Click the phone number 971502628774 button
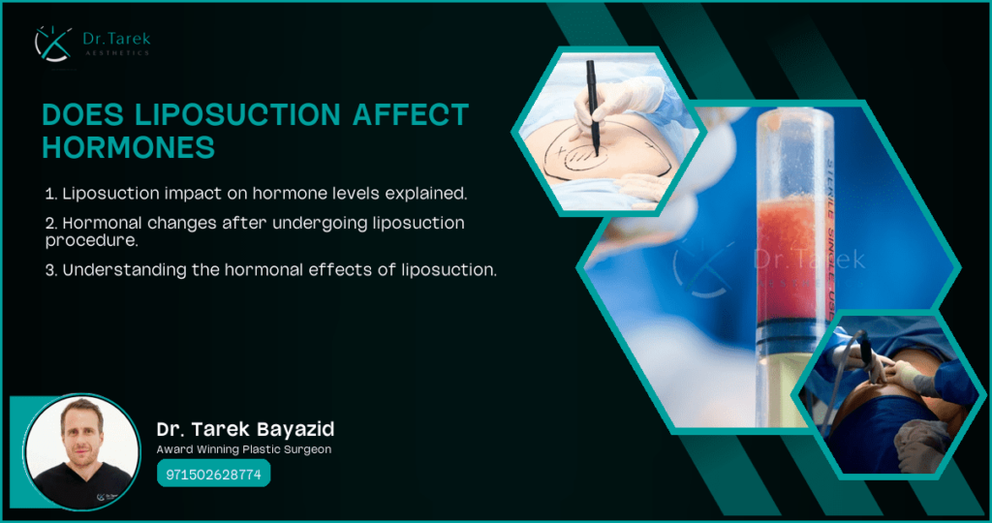click(213, 475)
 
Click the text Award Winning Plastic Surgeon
click(243, 450)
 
